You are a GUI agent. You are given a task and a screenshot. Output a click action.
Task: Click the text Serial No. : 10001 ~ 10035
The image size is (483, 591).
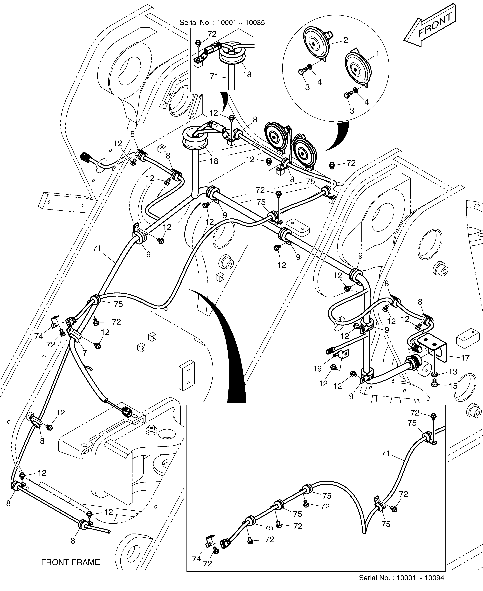click(222, 23)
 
